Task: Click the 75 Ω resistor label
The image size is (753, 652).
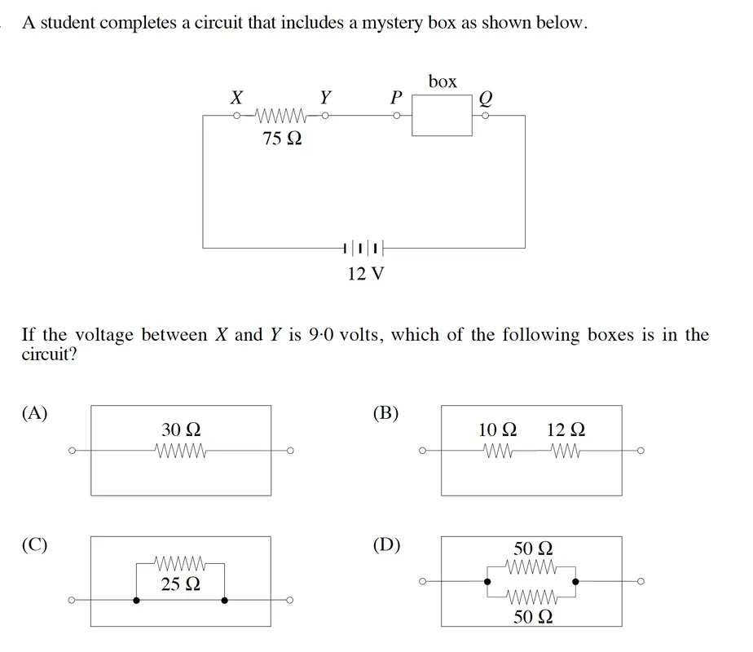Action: coord(282,139)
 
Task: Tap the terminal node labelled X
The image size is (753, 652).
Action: coord(236,116)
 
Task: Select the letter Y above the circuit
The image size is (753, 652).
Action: coord(326,97)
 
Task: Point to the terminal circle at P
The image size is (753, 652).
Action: coord(397,116)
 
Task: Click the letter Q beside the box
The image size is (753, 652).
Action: coord(486,99)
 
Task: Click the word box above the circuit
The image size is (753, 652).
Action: coord(443,81)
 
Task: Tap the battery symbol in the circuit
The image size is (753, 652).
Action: coord(364,249)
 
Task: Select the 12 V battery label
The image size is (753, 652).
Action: coord(366,274)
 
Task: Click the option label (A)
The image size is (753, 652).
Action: coord(34,413)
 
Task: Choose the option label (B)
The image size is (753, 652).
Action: coord(385,413)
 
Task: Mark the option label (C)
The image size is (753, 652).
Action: coord(34,545)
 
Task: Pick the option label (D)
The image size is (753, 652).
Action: coord(386,545)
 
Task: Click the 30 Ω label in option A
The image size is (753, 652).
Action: coord(181,430)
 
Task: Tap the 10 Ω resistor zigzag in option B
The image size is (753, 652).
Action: coord(497,451)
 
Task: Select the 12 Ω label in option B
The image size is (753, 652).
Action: coord(566,430)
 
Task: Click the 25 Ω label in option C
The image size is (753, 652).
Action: coord(181,584)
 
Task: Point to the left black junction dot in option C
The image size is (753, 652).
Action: coord(136,600)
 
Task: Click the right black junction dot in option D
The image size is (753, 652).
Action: coord(576,581)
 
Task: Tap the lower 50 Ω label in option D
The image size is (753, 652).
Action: coord(533,616)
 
